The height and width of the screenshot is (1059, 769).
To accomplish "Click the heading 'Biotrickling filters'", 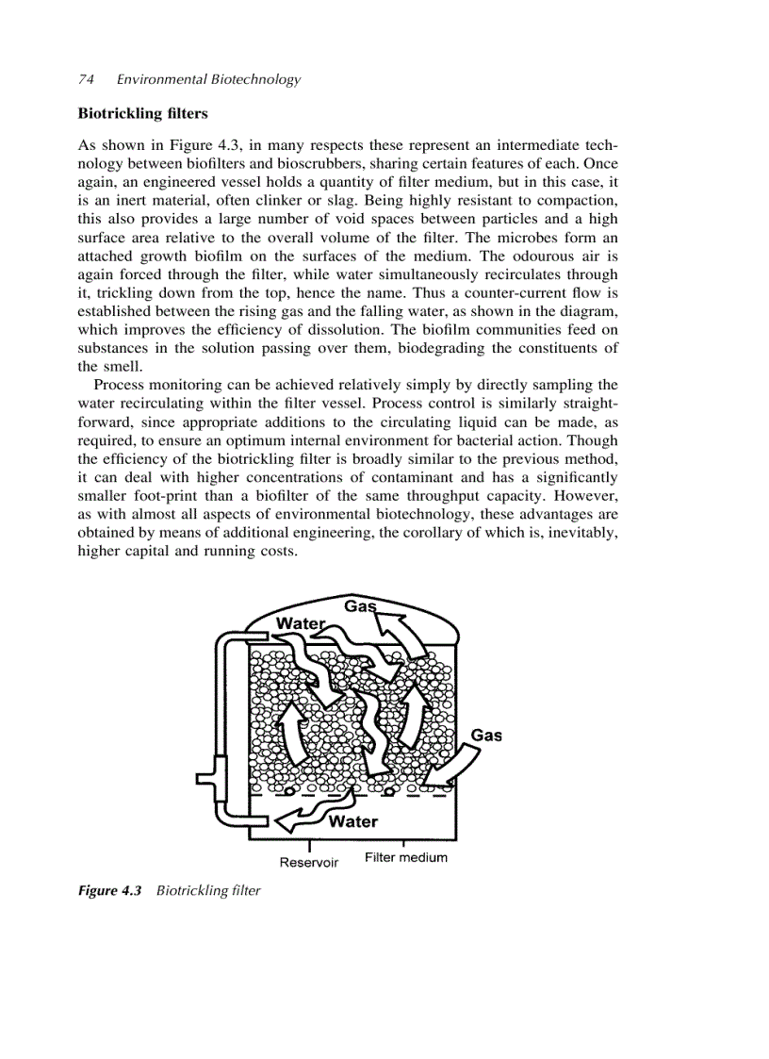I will point(142,113).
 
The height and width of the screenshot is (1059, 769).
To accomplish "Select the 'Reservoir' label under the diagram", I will point(308,862).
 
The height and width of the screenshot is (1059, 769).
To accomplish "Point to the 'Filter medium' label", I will point(405,857).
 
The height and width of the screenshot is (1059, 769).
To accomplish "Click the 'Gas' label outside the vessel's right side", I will point(486,735).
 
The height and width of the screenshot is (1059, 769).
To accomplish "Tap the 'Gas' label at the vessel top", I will point(359,606).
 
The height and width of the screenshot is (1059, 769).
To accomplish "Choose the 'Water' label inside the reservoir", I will point(353,821).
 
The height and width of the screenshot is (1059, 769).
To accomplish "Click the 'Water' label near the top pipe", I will point(299,623).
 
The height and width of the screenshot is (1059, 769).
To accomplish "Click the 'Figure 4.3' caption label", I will point(108,890).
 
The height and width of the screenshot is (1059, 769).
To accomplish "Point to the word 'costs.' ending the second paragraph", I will point(279,551).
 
